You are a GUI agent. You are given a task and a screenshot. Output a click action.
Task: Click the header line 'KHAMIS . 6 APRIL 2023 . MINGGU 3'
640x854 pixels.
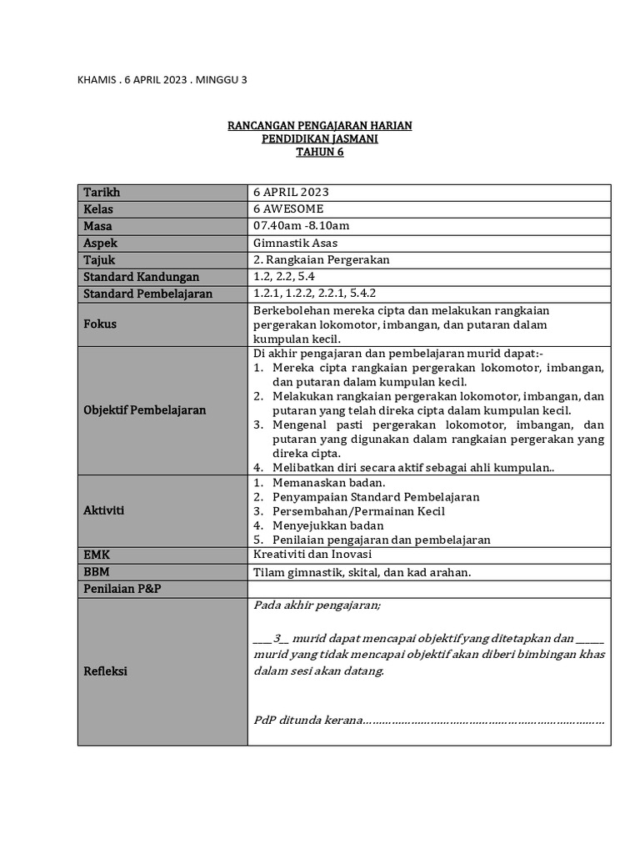coord(162,80)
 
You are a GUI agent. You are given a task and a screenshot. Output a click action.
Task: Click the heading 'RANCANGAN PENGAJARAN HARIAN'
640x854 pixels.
coord(320,126)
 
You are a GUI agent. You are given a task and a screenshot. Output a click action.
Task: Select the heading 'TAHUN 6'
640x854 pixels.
coord(320,153)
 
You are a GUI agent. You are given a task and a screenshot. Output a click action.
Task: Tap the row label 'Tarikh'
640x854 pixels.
coord(102,193)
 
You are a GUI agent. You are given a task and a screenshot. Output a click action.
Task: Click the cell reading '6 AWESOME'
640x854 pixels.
coord(288,209)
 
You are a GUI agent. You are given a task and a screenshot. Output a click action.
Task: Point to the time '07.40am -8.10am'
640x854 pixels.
coord(301,226)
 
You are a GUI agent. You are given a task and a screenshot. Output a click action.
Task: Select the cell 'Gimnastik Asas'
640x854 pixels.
coord(295,243)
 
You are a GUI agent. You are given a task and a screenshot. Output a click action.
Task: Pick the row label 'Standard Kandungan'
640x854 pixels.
coord(141,277)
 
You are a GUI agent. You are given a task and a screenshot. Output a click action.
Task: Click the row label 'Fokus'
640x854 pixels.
coord(100,324)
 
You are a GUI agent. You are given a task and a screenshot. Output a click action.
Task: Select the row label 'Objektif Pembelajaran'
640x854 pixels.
coord(144,410)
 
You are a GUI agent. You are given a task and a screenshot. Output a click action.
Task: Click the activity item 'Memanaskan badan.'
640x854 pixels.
coord(328,483)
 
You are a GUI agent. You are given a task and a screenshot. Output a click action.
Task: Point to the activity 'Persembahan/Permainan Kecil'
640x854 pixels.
coord(358,511)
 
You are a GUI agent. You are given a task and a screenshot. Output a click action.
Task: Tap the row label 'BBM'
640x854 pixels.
coord(97,573)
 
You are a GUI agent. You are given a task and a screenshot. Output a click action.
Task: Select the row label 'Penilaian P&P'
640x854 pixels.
coord(122,590)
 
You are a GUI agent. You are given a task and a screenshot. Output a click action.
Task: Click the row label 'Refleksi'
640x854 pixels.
coord(105,671)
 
